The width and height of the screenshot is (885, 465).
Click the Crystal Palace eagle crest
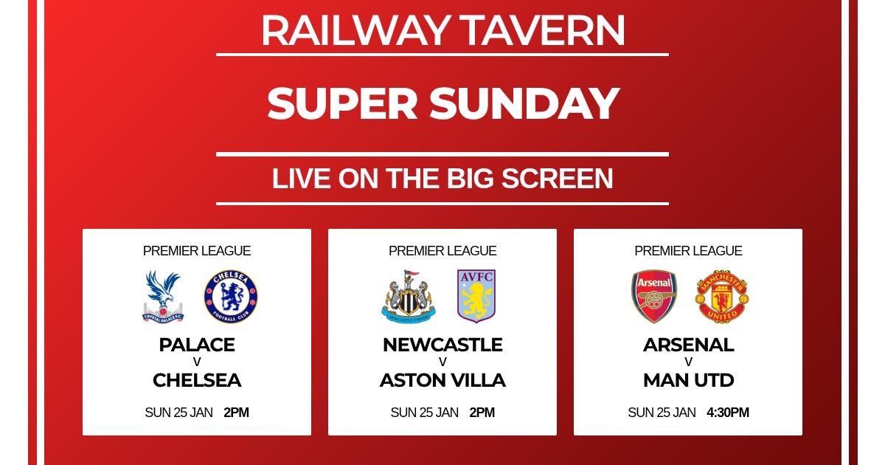click(x=163, y=297)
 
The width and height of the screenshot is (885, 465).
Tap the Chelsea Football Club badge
click(x=231, y=297)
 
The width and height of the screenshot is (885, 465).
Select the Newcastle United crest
click(x=409, y=297)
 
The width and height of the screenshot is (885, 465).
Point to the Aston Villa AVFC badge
click(x=476, y=296)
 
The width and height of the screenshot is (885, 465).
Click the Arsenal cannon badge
click(x=654, y=297)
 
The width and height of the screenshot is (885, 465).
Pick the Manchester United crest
click(x=722, y=297)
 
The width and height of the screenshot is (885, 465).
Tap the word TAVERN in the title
click(x=542, y=31)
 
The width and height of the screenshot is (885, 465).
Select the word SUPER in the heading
click(x=342, y=103)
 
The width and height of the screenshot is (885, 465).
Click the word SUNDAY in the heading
click(x=524, y=103)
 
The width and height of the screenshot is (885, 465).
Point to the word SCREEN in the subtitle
click(x=557, y=179)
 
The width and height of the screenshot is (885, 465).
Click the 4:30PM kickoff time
click(x=728, y=413)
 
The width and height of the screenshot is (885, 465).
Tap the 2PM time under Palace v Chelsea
click(x=236, y=413)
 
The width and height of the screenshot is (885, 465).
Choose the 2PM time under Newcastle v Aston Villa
click(x=482, y=413)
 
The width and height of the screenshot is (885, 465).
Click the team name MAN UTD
click(x=688, y=380)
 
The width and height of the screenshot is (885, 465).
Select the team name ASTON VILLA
click(x=442, y=380)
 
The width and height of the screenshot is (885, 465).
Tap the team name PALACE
click(x=197, y=345)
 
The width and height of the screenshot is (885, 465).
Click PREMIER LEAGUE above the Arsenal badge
click(x=688, y=251)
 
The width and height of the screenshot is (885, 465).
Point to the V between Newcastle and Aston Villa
click(x=442, y=362)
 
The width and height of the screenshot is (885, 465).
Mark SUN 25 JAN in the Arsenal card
click(x=662, y=413)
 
